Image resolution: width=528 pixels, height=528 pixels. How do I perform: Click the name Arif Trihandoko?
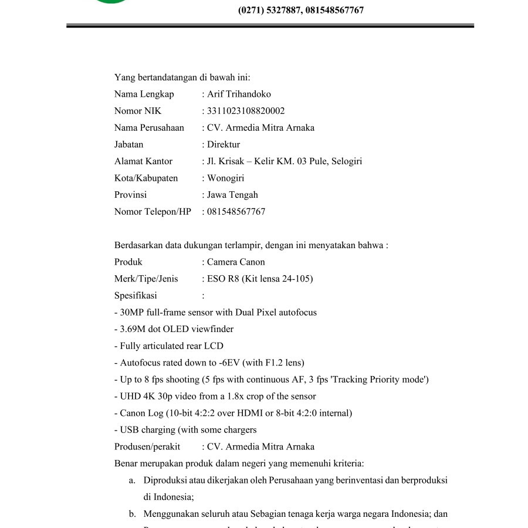[239, 94]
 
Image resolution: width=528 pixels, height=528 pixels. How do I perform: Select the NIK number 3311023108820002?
[246, 111]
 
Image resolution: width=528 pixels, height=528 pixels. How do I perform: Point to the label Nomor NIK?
[138, 111]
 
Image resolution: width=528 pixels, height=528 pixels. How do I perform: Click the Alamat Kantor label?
[143, 161]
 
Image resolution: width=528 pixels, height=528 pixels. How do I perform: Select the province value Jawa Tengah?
[232, 195]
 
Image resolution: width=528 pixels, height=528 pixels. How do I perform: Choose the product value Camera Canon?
[236, 262]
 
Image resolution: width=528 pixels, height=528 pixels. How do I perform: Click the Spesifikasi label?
[136, 296]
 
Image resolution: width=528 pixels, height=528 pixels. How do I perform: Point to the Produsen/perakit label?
[147, 446]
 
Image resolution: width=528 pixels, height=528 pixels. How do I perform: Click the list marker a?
[132, 480]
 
